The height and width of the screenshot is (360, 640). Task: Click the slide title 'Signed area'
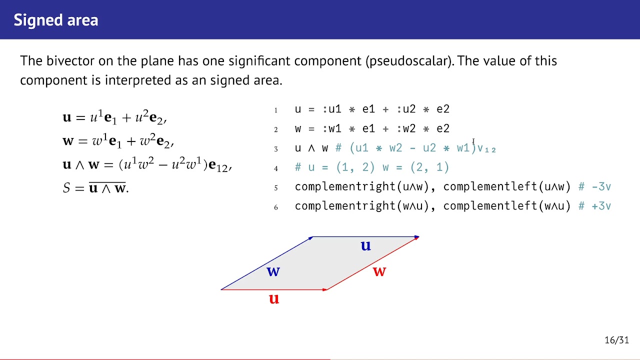55,20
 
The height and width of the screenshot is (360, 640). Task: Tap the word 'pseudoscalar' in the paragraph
409,61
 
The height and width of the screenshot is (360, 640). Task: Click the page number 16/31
616,340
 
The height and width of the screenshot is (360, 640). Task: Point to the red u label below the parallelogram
273,299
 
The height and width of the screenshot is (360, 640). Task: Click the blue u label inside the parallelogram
366,245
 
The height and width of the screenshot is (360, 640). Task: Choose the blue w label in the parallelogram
273,271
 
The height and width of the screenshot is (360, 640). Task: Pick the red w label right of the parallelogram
379,271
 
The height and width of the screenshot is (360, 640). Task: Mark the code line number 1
275,110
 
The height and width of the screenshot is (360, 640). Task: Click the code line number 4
275,168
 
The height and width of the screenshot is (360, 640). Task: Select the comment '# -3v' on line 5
594,186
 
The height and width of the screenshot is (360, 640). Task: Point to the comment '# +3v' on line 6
594,206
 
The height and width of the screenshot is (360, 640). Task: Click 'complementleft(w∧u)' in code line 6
506,206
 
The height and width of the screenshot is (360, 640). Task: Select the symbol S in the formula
66,188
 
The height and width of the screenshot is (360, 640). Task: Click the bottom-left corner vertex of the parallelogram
221,289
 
